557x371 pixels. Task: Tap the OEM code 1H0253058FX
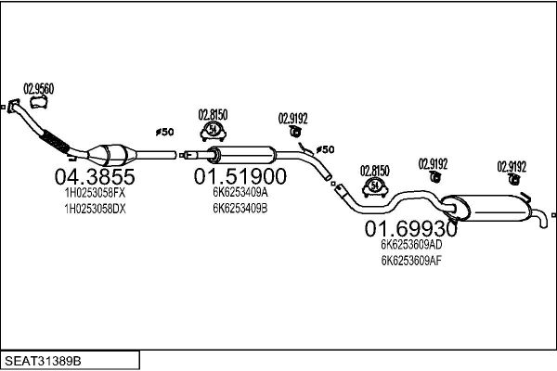tap(94, 194)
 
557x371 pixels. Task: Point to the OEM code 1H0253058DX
tap(94, 211)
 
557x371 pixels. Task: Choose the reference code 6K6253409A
tap(240, 192)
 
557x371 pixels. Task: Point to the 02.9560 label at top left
tap(38, 88)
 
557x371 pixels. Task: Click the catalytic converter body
tap(110, 153)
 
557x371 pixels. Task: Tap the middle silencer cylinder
tap(240, 155)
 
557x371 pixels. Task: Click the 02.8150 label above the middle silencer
tap(213, 116)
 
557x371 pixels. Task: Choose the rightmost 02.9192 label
tap(512, 167)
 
